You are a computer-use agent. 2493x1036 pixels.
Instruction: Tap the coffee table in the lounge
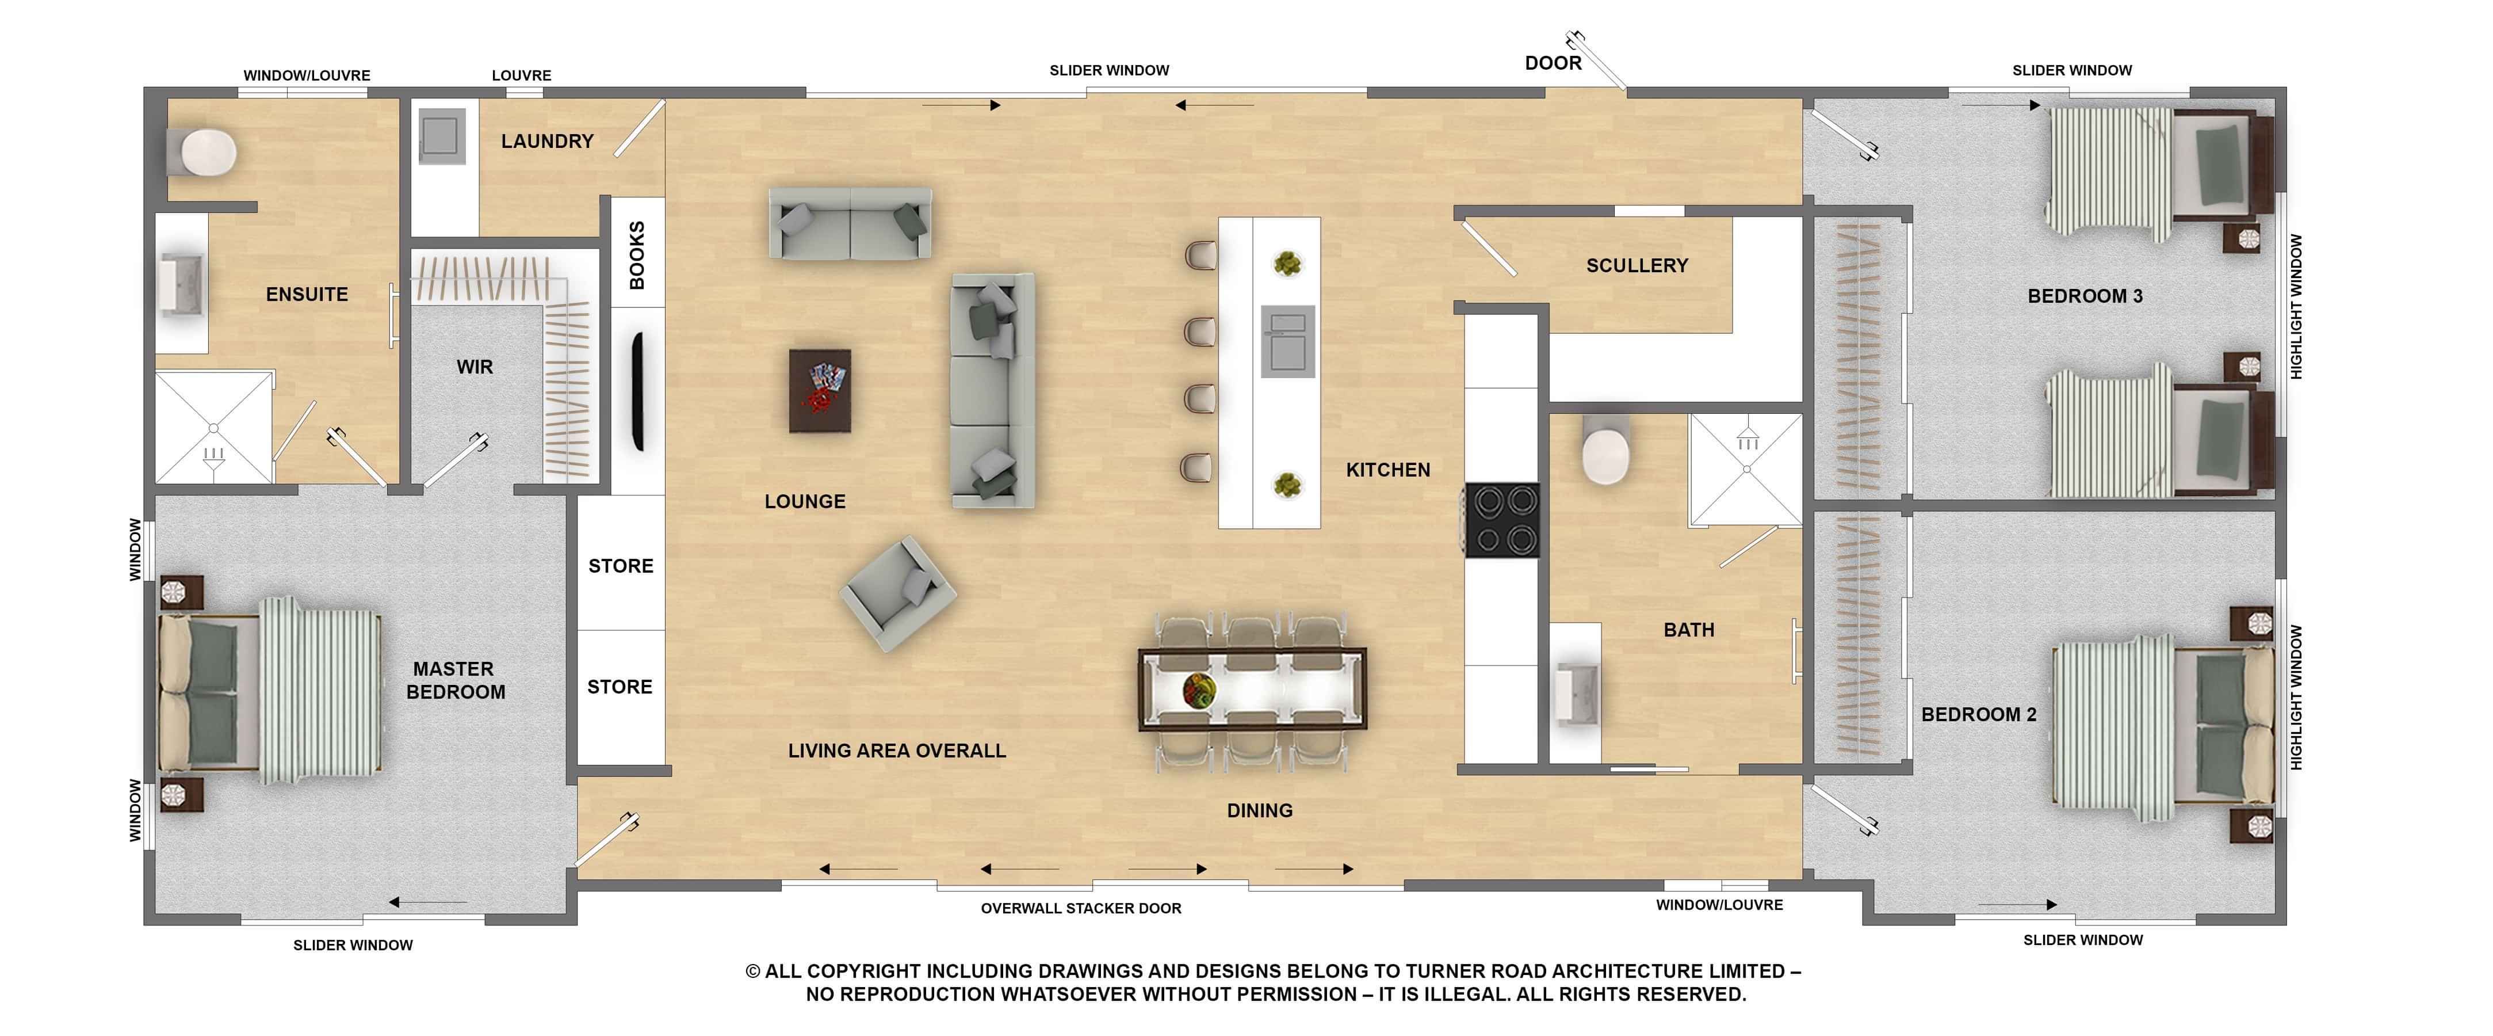tap(820, 390)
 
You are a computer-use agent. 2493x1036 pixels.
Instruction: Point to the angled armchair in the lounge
tap(898, 593)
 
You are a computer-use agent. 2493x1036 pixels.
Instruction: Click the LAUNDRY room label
tap(547, 142)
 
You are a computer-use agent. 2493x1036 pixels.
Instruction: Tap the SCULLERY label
tap(1636, 265)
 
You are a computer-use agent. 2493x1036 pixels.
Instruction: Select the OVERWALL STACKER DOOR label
tap(1081, 908)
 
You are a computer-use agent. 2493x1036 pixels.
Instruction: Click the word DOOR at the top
tap(1553, 63)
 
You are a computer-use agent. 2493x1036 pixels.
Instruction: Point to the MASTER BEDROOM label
tap(455, 681)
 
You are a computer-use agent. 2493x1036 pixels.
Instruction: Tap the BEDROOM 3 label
tap(2085, 296)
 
